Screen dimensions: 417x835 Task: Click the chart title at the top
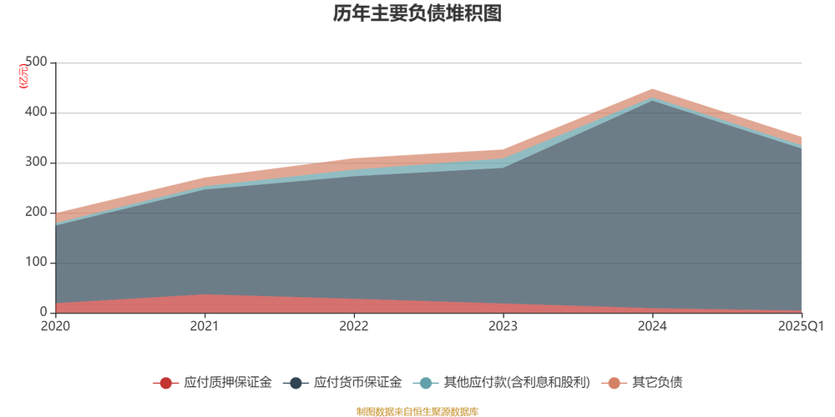(x=417, y=14)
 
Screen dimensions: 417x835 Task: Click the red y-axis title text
(x=23, y=75)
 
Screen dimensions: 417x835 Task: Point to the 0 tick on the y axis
(x=42, y=312)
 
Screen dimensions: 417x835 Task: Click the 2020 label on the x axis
(x=55, y=325)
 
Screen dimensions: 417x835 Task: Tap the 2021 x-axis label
(x=205, y=325)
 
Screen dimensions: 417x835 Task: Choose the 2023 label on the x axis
(x=504, y=325)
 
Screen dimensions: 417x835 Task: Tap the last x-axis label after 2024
(x=800, y=325)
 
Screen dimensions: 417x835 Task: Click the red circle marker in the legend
(x=166, y=383)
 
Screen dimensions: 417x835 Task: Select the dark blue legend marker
(x=296, y=383)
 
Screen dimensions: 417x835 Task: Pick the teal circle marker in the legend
(x=426, y=383)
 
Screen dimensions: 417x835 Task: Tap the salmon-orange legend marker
(x=615, y=383)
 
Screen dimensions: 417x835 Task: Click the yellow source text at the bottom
(x=417, y=409)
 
